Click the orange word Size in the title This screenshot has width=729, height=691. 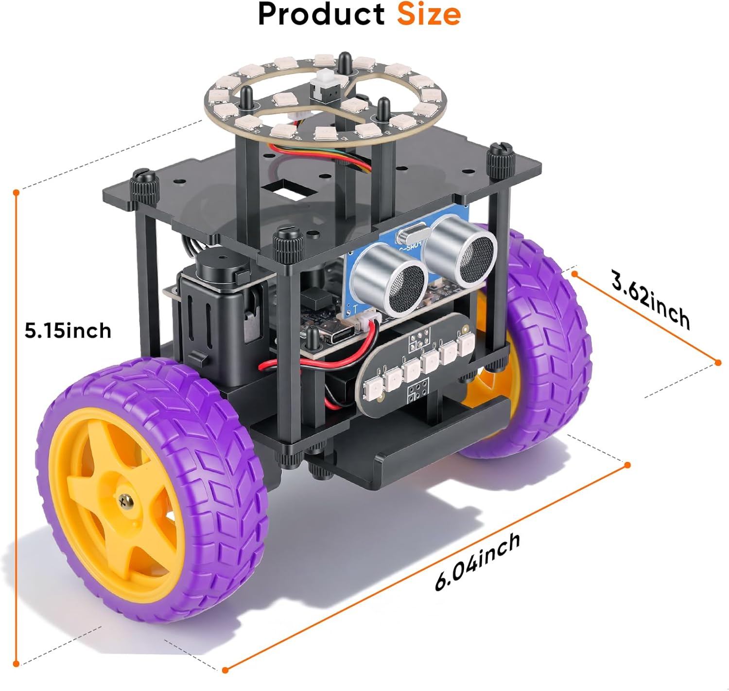pos(429,15)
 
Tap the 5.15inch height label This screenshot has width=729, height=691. pos(68,330)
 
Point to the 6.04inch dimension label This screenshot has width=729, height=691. pos(478,562)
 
